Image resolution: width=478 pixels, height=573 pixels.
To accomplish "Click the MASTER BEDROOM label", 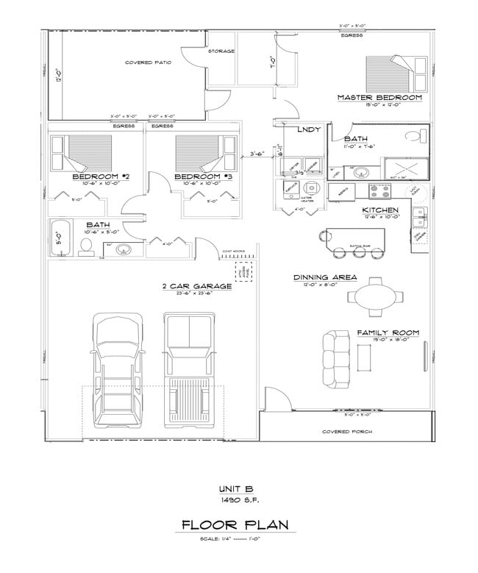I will pos(379,97).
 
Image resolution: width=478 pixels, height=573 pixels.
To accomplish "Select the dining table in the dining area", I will pos(377,296).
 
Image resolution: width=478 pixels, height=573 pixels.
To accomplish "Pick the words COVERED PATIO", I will pos(148,63).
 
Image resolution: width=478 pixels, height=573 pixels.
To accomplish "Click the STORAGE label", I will pos(221,51).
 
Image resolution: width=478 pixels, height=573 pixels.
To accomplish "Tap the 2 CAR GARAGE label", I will pos(196,286).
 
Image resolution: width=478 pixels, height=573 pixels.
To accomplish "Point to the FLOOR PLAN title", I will pos(235,524).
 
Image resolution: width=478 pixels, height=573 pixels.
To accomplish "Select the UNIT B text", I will pos(235,488).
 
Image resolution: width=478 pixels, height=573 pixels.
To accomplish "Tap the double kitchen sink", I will pos(418,216).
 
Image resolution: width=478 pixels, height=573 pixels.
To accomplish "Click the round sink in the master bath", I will pos(360,174).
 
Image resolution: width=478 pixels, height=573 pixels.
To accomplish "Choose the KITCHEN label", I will pos(380,210).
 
